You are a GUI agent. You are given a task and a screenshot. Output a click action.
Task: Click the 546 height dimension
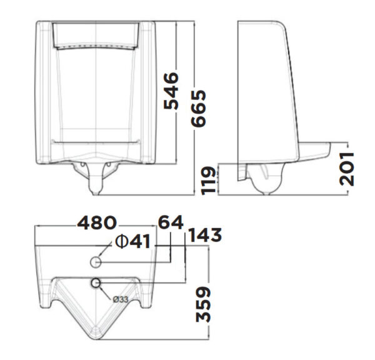pos(171,91)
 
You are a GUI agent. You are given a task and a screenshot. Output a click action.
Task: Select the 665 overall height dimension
pos(199,107)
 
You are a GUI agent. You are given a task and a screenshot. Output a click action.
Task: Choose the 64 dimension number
pos(169,222)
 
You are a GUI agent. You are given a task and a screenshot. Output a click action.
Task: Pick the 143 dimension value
pos(204,236)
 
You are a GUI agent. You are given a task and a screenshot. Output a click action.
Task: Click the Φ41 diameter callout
pos(132,241)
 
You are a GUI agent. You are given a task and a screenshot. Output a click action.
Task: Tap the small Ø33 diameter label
pos(121,299)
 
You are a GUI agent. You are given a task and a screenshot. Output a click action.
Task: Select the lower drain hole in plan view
pos(96,284)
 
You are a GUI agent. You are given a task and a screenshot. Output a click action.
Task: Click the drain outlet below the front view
pos(96,182)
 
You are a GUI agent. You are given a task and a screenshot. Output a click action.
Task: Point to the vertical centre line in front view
pos(96,94)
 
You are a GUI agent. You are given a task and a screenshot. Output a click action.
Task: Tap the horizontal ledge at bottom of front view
pos(96,144)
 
